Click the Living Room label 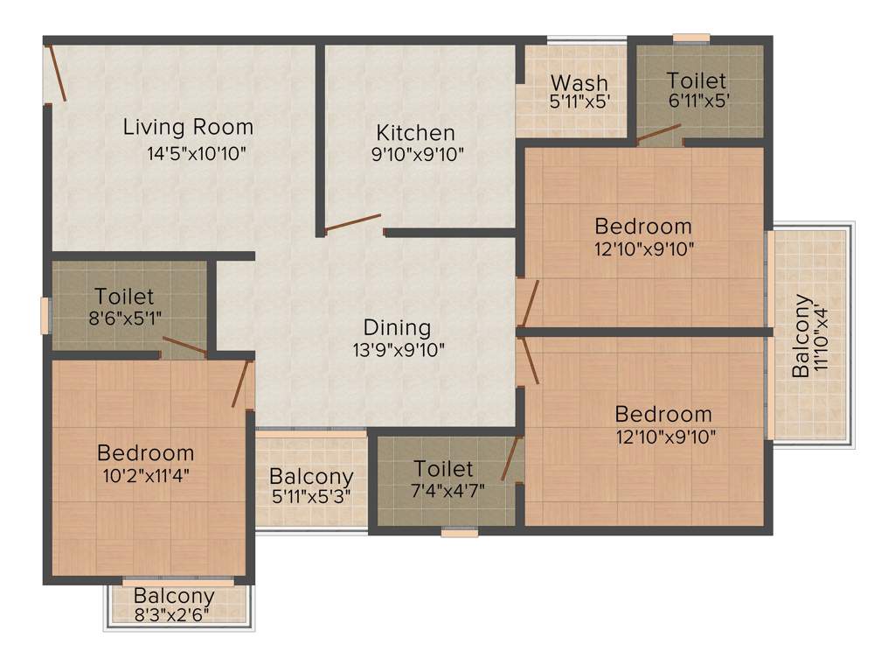(x=188, y=127)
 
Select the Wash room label (x=579, y=83)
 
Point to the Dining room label (x=398, y=328)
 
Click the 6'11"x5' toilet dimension (x=699, y=101)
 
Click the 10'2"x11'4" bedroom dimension (x=146, y=476)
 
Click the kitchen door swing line (x=352, y=222)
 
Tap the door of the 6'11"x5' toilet (x=658, y=132)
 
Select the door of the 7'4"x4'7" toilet (x=511, y=458)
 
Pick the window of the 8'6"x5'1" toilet (x=45, y=316)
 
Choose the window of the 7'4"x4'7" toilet (x=460, y=532)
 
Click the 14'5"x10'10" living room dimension (x=198, y=154)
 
